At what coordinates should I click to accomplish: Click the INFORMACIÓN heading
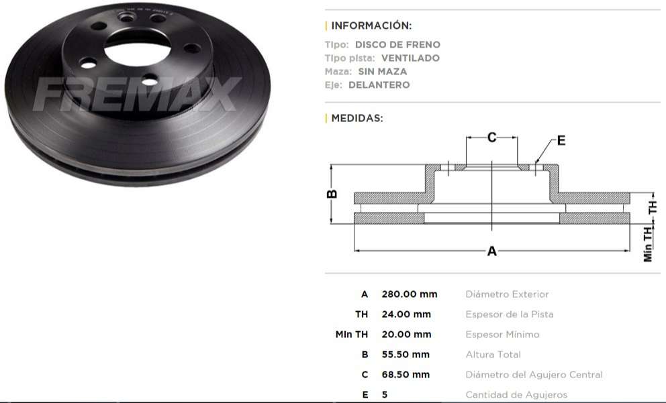pyautogui.click(x=371, y=26)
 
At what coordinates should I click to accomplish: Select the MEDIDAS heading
pyautogui.click(x=356, y=119)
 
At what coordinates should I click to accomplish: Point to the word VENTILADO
pyautogui.click(x=410, y=58)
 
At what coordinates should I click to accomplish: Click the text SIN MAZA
pyautogui.click(x=382, y=72)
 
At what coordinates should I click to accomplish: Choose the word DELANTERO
pyautogui.click(x=379, y=85)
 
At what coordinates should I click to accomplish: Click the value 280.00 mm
pyautogui.click(x=409, y=294)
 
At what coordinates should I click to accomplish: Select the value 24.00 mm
pyautogui.click(x=406, y=314)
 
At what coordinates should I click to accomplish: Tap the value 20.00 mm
pyautogui.click(x=406, y=335)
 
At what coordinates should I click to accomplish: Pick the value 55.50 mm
pyautogui.click(x=406, y=355)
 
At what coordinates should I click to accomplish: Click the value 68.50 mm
pyautogui.click(x=406, y=375)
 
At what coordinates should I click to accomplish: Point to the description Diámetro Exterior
pyautogui.click(x=507, y=294)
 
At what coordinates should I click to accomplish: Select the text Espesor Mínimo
pyautogui.click(x=502, y=335)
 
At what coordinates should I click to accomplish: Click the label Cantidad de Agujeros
pyautogui.click(x=516, y=395)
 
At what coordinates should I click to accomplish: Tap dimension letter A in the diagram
pyautogui.click(x=492, y=251)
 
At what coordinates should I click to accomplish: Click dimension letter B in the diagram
pyautogui.click(x=332, y=194)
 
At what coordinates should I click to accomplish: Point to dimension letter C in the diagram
pyautogui.click(x=491, y=137)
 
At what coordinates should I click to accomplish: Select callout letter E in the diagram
pyautogui.click(x=561, y=141)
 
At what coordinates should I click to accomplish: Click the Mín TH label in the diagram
pyautogui.click(x=648, y=243)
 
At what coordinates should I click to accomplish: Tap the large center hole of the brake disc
pyautogui.click(x=138, y=48)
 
